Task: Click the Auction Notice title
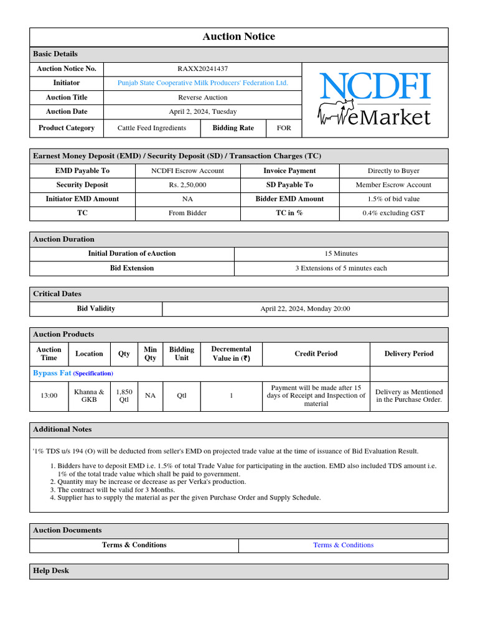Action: [x=238, y=37]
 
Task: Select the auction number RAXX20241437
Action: [x=202, y=68]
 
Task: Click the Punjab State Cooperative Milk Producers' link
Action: [x=202, y=83]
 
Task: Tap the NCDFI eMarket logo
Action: [x=374, y=100]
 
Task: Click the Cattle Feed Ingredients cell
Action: [x=151, y=128]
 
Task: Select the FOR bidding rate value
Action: [x=284, y=128]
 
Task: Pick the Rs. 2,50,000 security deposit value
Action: [x=187, y=185]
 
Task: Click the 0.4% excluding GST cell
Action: [x=393, y=213]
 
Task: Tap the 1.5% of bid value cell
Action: [x=393, y=199]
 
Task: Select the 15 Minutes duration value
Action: [x=340, y=254]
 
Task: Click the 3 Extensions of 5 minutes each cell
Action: [x=340, y=268]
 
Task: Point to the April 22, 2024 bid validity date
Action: [x=305, y=309]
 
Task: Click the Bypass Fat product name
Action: [x=52, y=373]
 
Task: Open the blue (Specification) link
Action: [x=93, y=374]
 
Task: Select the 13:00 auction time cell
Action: [x=49, y=396]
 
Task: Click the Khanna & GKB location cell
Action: [x=89, y=396]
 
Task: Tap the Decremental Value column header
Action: [x=231, y=353]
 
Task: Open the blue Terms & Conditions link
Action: [x=343, y=545]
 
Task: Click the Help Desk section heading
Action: [x=51, y=571]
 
